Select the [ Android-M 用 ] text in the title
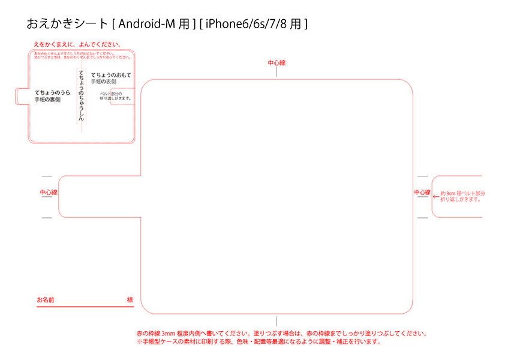[x=154, y=24]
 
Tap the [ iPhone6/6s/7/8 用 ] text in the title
[x=254, y=24]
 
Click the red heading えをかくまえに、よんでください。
[x=77, y=44]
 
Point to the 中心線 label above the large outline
[x=276, y=62]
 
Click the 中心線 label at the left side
[x=49, y=193]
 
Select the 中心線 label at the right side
[x=422, y=193]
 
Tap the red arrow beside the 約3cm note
[x=436, y=196]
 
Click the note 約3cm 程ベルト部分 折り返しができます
[x=462, y=196]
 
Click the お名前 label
[x=46, y=299]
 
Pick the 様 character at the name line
[x=130, y=299]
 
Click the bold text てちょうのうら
[x=52, y=92]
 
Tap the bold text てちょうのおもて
[x=111, y=74]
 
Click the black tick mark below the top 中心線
[x=276, y=72]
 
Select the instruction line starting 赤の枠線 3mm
[x=281, y=333]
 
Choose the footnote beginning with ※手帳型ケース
[x=258, y=341]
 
